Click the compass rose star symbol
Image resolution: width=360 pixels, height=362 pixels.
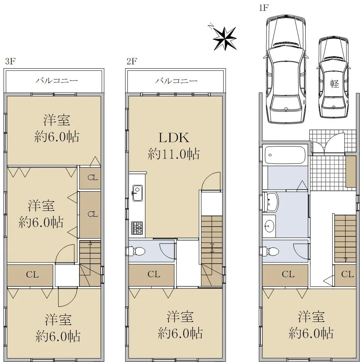225,39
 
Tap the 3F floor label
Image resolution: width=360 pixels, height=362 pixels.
10,61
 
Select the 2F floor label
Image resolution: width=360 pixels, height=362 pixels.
132,61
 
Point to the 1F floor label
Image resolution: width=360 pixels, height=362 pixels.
264,8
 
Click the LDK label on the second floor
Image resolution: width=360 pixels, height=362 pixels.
174,138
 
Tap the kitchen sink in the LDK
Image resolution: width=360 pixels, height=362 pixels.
137,193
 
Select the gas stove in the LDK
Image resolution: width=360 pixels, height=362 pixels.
137,228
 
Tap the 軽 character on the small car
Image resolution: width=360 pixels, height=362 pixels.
335,84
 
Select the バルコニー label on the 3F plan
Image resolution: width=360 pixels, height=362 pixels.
57,81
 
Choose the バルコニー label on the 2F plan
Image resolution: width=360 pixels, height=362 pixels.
176,81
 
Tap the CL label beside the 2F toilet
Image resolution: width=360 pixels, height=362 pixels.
154,274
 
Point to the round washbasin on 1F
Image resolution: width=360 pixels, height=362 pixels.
269,226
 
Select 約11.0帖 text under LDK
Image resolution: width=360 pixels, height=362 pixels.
174,154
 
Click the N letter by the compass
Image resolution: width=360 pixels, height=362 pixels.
211,26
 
